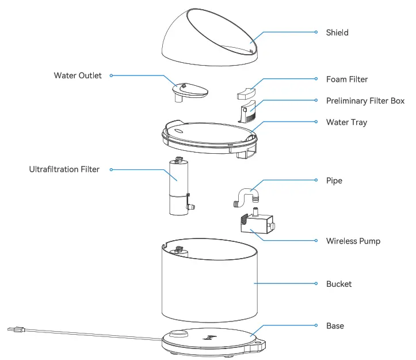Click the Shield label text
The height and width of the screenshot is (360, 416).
point(337,33)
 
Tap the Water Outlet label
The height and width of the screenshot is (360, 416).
point(78,75)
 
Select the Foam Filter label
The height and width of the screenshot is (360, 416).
point(347,79)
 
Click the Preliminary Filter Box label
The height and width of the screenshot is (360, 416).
point(365,101)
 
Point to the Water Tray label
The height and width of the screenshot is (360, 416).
point(346,122)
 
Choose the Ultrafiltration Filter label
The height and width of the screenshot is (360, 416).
point(64,169)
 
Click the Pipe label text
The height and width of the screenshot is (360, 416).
point(334,181)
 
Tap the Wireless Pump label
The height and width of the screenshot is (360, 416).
point(353,241)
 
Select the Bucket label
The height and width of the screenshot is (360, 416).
point(339,284)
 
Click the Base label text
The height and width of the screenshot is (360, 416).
point(335,326)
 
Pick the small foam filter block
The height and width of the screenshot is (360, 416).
point(246,91)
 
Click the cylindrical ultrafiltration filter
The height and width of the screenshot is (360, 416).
point(179,187)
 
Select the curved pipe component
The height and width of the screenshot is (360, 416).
point(246,196)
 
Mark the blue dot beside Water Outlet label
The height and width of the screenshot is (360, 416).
point(111,75)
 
